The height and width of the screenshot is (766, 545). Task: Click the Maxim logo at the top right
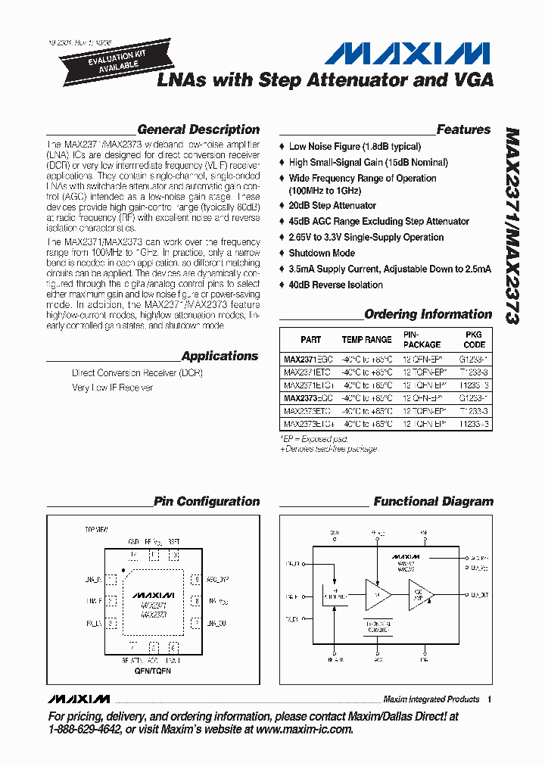pyautogui.click(x=408, y=53)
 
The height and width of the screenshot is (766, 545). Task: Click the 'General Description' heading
pyautogui.click(x=198, y=129)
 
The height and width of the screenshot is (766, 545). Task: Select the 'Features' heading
pyautogui.click(x=463, y=129)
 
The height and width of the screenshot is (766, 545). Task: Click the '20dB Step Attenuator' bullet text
pyautogui.click(x=332, y=206)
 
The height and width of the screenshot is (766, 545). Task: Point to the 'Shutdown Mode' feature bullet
pyautogui.click(x=322, y=254)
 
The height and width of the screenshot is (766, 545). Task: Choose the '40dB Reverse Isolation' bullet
pyautogui.click(x=335, y=285)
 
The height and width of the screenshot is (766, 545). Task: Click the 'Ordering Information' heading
pyautogui.click(x=428, y=314)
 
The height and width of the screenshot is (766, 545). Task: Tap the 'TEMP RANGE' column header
pyautogui.click(x=366, y=340)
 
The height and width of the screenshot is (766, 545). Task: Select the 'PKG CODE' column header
pyautogui.click(x=474, y=339)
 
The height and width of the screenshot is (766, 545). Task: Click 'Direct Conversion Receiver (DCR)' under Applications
pyautogui.click(x=137, y=373)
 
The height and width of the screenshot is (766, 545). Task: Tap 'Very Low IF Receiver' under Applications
pyautogui.click(x=112, y=388)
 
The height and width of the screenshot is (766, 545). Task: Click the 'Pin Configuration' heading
pyautogui.click(x=206, y=501)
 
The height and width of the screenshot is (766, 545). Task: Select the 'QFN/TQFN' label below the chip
pyautogui.click(x=153, y=671)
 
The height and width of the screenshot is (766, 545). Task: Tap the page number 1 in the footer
pyautogui.click(x=490, y=699)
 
